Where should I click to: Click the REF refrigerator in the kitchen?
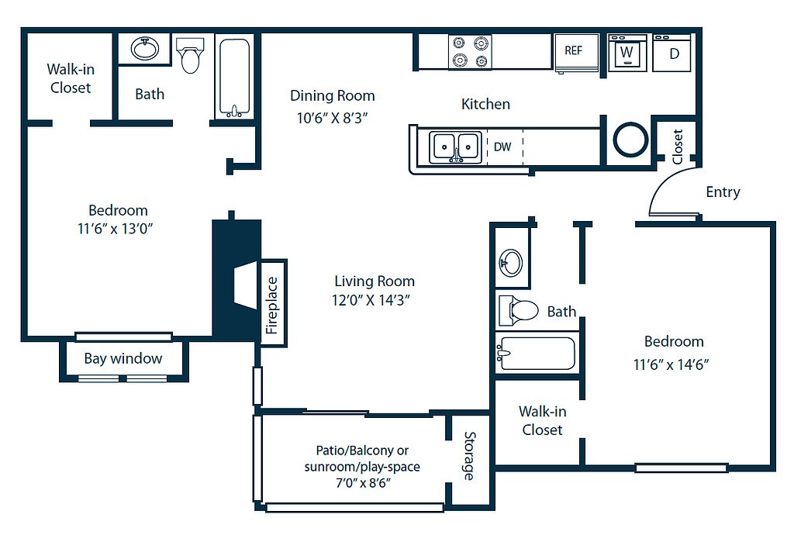click(x=576, y=53)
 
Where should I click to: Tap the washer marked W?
click(x=627, y=53)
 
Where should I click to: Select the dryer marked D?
click(x=672, y=53)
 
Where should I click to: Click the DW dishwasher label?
click(x=502, y=147)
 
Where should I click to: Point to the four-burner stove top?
click(x=470, y=52)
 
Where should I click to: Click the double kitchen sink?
click(x=455, y=147)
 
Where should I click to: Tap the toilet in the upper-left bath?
click(x=190, y=55)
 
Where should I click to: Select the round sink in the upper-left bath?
click(x=145, y=49)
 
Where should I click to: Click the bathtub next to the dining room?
click(x=234, y=78)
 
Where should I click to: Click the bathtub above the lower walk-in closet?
click(x=537, y=353)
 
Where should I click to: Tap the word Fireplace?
click(x=272, y=306)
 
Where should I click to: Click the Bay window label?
click(x=123, y=359)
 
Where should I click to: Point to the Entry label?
click(x=723, y=192)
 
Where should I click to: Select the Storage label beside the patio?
click(x=470, y=456)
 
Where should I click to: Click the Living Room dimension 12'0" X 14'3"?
click(x=371, y=300)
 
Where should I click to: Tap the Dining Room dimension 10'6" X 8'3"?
click(x=332, y=118)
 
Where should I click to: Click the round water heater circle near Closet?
click(x=630, y=140)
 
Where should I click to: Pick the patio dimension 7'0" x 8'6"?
click(x=363, y=483)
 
